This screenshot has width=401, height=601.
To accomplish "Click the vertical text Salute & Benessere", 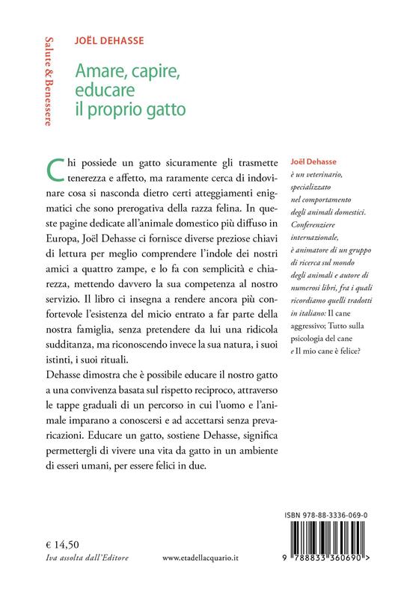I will [49, 79].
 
